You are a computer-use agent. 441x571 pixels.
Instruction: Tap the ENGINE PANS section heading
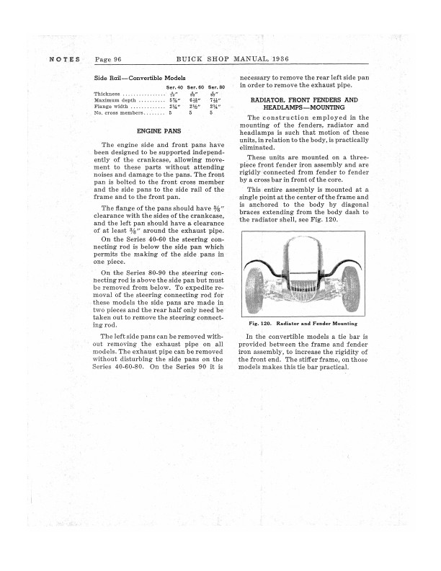coord(159,131)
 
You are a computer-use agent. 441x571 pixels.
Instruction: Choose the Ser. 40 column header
coord(175,87)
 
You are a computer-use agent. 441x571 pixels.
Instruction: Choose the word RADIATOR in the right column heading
coord(269,99)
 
